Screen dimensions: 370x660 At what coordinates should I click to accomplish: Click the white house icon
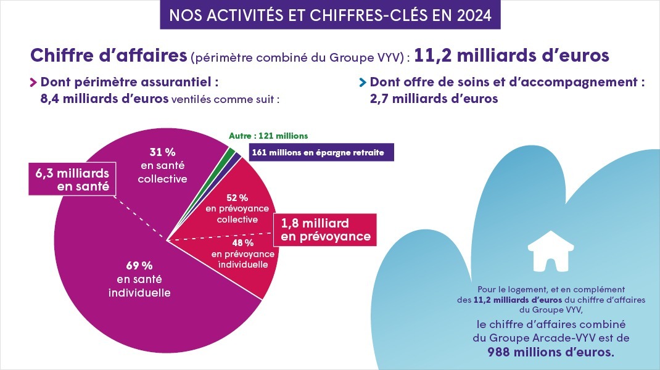[x=547, y=251]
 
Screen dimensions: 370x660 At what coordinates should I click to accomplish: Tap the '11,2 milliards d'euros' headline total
[x=511, y=55]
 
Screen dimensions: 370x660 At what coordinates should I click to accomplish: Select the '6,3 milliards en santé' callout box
[x=73, y=179]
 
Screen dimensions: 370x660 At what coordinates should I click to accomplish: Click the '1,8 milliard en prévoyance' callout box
[x=326, y=229]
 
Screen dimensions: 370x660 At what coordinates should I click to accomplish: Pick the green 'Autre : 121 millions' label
[x=268, y=136]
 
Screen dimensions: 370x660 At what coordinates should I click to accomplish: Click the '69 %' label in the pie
[x=139, y=266]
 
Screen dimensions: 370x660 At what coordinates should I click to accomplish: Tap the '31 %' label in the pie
[x=162, y=151]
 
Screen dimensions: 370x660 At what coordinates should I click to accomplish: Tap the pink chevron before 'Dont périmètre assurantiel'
[x=33, y=83]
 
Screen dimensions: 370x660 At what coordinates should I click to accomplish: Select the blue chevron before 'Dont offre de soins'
[x=363, y=83]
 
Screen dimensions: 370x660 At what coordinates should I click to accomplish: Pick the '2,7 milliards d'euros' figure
[x=434, y=99]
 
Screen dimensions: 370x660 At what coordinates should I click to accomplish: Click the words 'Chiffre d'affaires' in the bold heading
[x=108, y=55]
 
